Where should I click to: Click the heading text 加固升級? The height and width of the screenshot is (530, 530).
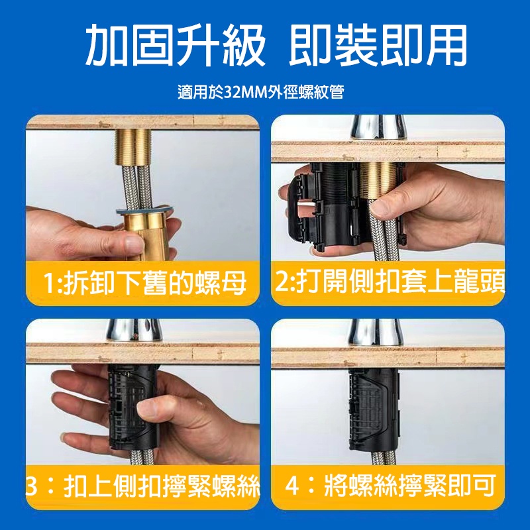point(175,45)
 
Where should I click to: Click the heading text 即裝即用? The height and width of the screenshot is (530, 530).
point(378,45)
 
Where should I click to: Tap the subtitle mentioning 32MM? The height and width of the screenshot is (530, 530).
point(261,92)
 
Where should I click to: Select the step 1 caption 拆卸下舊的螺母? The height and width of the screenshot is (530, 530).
point(145,284)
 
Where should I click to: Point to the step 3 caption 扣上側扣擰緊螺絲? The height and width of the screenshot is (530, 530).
point(142,486)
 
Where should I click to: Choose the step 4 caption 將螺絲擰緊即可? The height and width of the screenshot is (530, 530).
point(391,486)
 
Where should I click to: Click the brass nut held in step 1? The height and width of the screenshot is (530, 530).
point(146,235)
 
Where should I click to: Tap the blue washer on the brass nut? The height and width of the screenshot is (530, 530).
point(144,210)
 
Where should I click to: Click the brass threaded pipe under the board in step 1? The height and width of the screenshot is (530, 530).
point(133,146)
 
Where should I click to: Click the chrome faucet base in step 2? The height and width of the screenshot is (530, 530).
point(378,128)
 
